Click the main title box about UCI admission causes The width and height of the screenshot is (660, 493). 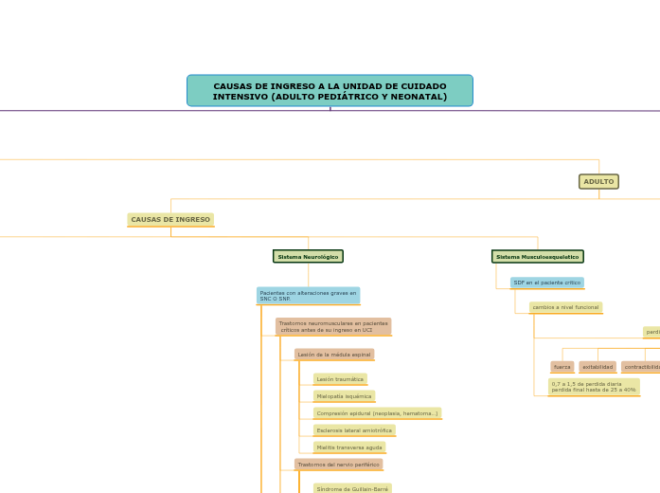[x=330, y=91]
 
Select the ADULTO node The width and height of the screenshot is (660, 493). [x=598, y=181]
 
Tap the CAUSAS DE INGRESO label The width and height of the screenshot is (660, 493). [x=170, y=220]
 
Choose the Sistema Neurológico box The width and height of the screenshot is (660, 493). [x=308, y=257]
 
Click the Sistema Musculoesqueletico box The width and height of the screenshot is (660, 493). [x=537, y=257]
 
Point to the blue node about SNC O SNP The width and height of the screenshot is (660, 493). [x=308, y=296]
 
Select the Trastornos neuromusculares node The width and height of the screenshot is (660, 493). [x=333, y=326]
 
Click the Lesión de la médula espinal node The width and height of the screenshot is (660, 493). [x=334, y=355]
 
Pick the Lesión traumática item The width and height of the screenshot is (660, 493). [x=340, y=379]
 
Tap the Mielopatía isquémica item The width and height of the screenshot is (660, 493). [x=344, y=396]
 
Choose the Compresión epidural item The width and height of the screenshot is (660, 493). [x=377, y=413]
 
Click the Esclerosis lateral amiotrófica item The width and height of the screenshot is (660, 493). [x=354, y=430]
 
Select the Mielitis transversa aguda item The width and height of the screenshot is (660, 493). [x=349, y=447]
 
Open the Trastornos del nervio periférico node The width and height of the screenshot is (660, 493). [x=338, y=465]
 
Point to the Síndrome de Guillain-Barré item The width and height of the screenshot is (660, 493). [x=352, y=488]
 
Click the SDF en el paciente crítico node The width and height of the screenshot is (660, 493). [x=546, y=283]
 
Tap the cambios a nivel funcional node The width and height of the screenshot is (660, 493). [x=565, y=307]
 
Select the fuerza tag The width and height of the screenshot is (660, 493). [x=562, y=367]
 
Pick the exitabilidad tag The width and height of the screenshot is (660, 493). [x=598, y=367]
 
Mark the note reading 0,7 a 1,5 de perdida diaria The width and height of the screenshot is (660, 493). [x=594, y=387]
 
